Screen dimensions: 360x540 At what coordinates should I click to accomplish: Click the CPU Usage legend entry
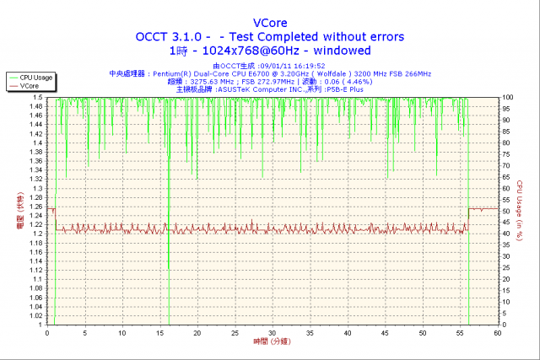pos(36,78)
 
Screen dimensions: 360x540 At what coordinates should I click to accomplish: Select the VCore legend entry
pos(31,86)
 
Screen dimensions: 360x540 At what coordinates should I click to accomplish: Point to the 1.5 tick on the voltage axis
pos(39,97)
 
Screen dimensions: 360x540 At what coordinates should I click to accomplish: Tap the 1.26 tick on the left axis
pos(35,207)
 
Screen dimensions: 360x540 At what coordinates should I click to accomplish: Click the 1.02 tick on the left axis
pos(35,315)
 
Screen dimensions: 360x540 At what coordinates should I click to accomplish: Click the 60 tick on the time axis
pos(498,332)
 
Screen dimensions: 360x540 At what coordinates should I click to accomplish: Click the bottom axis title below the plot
pos(273,342)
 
